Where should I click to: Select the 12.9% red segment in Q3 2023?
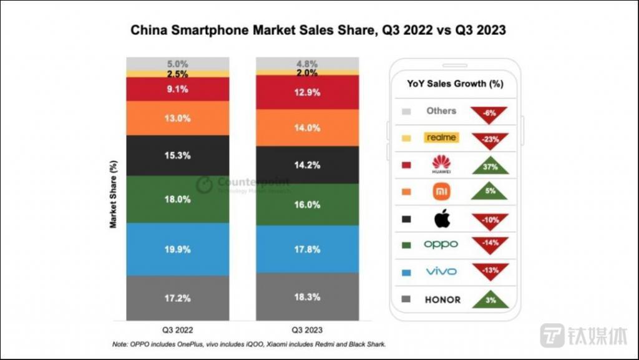[x=308, y=92]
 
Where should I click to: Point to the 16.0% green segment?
[x=308, y=205]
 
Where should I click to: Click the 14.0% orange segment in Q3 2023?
[x=308, y=127]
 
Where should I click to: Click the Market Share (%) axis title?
[x=114, y=195]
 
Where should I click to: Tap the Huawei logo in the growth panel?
[x=441, y=164]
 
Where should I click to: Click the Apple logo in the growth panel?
[x=441, y=218]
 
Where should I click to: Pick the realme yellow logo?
[x=441, y=137]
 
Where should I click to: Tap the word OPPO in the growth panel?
[x=441, y=245]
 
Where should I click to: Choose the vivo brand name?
[x=441, y=271]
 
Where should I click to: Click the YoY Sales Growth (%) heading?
[x=455, y=83]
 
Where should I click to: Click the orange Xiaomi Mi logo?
[x=441, y=191]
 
